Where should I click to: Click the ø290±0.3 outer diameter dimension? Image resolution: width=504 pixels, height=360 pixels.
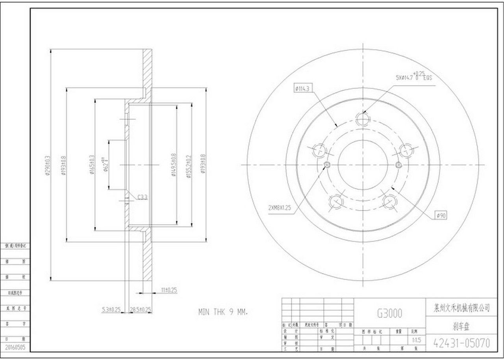(48, 166)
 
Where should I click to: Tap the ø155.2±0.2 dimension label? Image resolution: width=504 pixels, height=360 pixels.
(189, 165)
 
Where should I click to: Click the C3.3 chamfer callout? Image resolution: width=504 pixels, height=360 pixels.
(143, 196)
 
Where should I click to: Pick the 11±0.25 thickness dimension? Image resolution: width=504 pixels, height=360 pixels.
(169, 290)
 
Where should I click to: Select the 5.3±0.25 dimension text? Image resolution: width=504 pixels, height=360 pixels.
(111, 310)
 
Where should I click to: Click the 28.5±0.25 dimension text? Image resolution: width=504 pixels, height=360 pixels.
(141, 310)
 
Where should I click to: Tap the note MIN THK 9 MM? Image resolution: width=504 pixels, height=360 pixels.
(223, 312)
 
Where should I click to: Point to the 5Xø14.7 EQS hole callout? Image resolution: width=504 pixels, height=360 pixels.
(413, 77)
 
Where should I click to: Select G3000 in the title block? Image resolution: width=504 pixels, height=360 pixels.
(389, 313)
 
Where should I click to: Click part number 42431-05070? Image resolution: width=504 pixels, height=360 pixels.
(461, 343)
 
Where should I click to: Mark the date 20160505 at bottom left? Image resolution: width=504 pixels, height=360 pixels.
(15, 347)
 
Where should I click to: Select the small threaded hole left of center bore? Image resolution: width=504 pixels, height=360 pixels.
(326, 165)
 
